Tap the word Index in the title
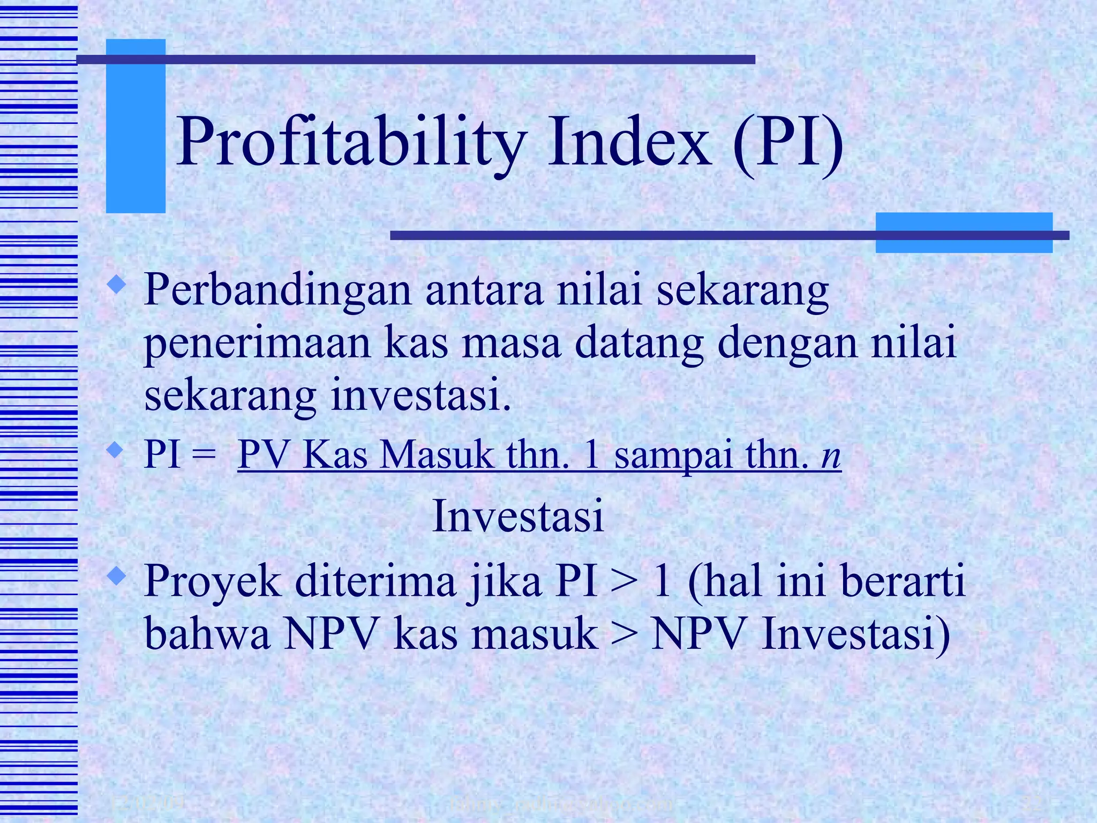629,143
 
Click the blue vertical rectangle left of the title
136,126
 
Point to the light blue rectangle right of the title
964,233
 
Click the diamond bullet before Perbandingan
117,285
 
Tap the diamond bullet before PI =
117,449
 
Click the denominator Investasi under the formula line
518,516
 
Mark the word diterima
375,582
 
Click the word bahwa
207,634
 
